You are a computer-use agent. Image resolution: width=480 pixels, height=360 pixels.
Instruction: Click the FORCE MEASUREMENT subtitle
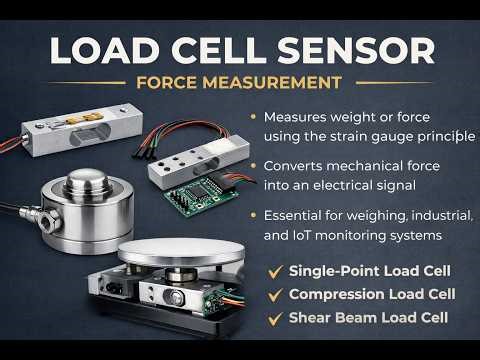pos(240,82)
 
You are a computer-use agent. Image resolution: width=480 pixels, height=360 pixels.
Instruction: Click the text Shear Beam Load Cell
pos(366,318)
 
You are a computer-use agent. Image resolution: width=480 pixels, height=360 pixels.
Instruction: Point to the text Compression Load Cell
pos(372,294)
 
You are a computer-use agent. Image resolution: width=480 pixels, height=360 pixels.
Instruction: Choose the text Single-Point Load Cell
pos(369,271)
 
